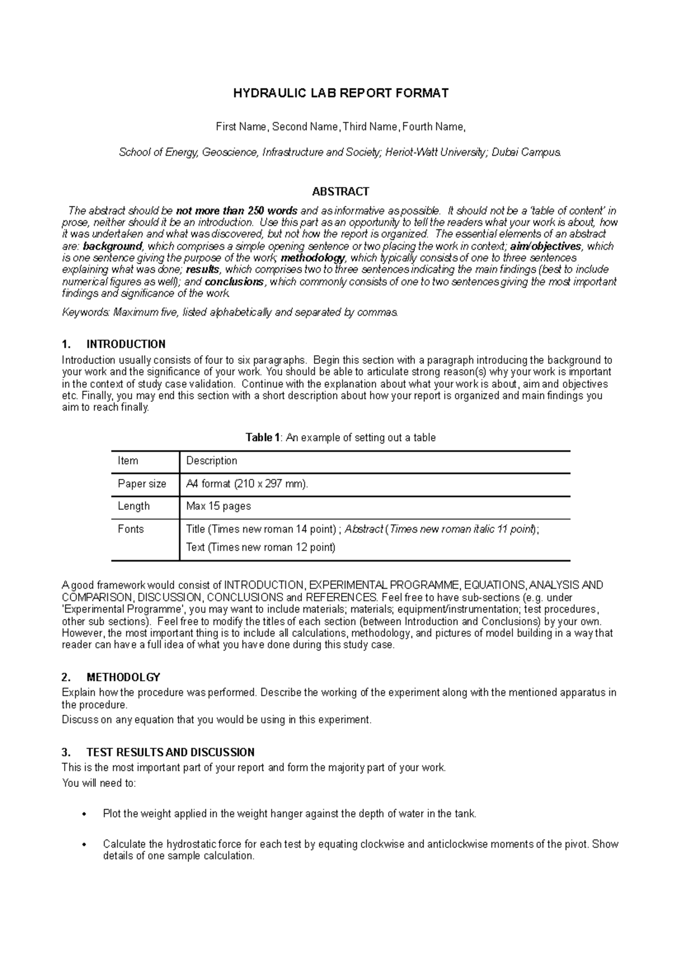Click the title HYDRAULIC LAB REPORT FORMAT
340,93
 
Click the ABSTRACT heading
340,191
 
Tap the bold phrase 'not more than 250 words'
237,211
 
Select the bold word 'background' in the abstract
112,246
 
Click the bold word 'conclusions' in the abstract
234,282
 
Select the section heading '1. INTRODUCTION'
113,344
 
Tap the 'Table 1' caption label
262,438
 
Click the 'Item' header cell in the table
128,461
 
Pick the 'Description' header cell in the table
212,461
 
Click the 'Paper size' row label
142,484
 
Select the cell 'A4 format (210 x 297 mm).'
247,484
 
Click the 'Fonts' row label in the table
131,529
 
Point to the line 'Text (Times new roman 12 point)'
260,548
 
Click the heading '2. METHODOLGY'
111,677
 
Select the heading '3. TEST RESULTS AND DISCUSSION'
158,753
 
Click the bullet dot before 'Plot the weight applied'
85,815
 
